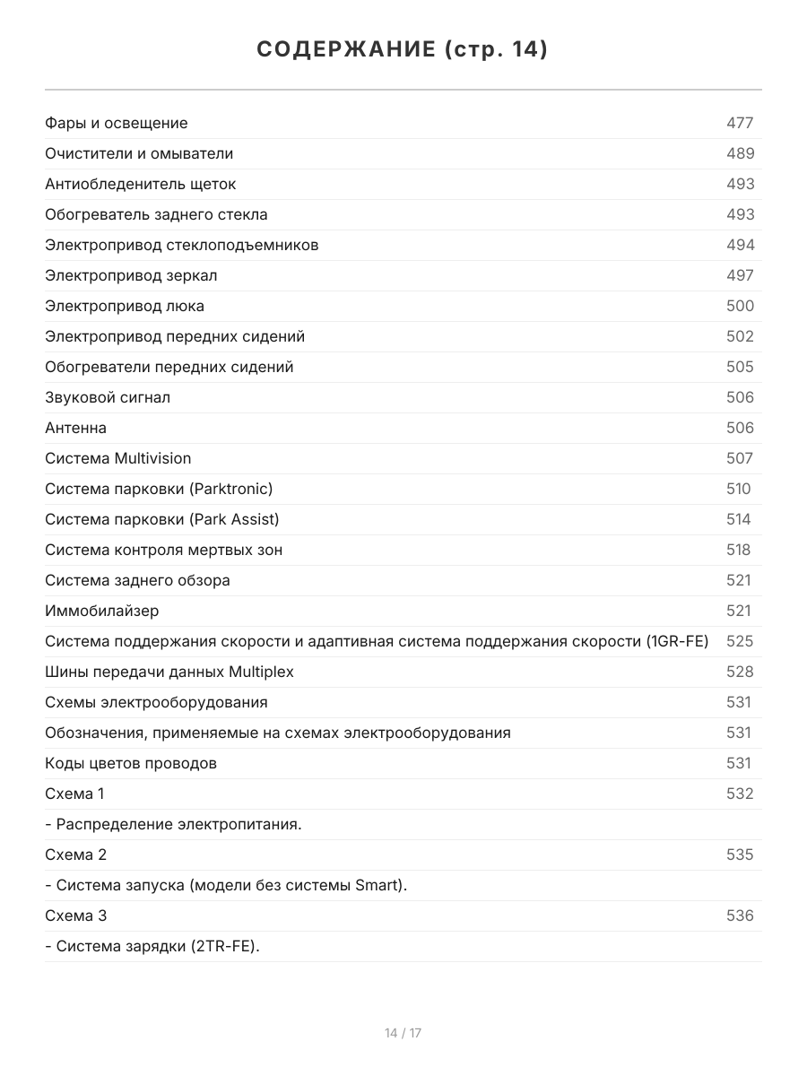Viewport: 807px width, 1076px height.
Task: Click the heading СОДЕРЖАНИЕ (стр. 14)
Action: tap(403, 49)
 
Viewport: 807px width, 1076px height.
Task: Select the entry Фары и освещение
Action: tap(117, 123)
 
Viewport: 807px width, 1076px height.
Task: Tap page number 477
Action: tap(740, 123)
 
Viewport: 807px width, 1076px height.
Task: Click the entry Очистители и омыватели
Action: tap(139, 153)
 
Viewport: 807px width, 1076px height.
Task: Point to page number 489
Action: tap(740, 153)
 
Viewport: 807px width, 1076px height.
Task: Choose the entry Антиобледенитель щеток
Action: tap(141, 184)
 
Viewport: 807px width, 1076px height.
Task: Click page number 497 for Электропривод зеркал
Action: tap(740, 275)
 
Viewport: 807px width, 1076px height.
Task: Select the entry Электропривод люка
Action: tap(125, 306)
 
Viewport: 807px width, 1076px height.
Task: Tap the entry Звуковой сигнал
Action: tap(108, 397)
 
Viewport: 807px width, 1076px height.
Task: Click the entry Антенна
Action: tap(75, 428)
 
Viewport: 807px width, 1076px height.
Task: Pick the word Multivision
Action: tap(152, 458)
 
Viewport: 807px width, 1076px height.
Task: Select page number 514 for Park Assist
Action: tap(739, 519)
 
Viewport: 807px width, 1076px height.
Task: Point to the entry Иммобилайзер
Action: tap(102, 611)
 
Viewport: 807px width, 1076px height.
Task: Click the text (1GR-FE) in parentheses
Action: tap(677, 641)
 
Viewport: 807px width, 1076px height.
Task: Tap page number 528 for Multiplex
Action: tap(740, 672)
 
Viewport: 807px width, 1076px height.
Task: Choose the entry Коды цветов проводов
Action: tap(131, 763)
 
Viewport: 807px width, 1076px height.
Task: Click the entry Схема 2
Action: tap(75, 855)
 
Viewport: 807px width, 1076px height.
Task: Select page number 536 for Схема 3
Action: tap(740, 915)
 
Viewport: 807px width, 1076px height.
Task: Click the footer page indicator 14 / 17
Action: tap(403, 1033)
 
